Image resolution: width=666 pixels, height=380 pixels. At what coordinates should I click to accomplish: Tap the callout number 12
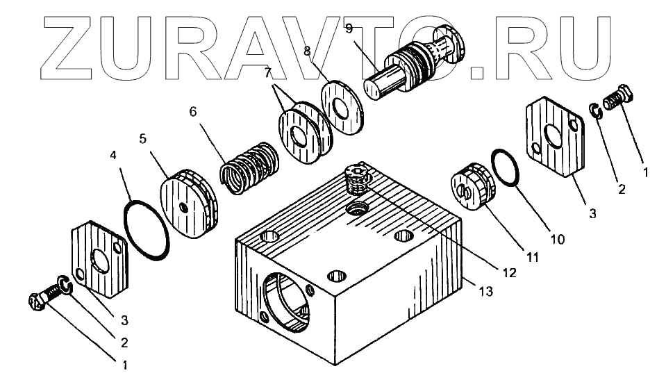(510, 273)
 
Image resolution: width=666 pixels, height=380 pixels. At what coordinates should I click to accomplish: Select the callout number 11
(532, 257)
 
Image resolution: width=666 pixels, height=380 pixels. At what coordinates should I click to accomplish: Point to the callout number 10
(557, 240)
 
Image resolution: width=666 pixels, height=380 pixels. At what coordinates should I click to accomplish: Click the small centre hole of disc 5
(182, 208)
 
